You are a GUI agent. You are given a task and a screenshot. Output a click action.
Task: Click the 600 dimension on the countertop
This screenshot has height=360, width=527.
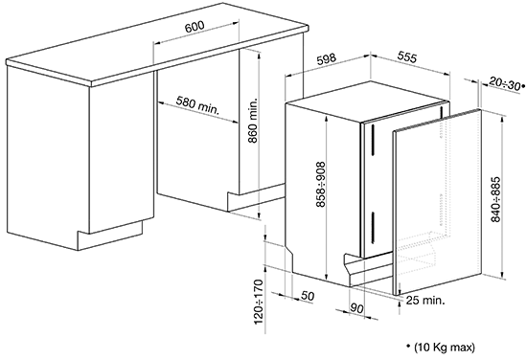pyautogui.click(x=195, y=26)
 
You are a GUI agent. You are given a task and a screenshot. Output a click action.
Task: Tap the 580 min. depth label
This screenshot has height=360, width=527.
pyautogui.click(x=197, y=105)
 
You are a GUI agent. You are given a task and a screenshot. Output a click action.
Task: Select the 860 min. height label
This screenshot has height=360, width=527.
pyautogui.click(x=253, y=121)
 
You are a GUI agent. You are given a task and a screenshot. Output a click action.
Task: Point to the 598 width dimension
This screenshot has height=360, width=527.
pyautogui.click(x=327, y=58)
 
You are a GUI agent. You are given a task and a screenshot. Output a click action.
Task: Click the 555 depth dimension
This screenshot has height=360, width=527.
pyautogui.click(x=407, y=56)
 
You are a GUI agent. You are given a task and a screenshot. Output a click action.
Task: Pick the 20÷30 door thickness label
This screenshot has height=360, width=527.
pyautogui.click(x=504, y=83)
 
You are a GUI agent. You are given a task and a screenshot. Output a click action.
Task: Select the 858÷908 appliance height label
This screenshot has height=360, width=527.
pyautogui.click(x=321, y=185)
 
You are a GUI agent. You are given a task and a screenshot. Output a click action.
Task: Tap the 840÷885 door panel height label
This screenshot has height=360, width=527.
pyautogui.click(x=495, y=199)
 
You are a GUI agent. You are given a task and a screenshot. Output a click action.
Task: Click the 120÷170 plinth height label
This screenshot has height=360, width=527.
pyautogui.click(x=260, y=302)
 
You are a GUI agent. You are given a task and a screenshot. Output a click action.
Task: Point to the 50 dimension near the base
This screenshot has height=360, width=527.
pyautogui.click(x=308, y=296)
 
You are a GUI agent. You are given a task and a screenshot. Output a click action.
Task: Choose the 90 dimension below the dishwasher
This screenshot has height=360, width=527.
pyautogui.click(x=357, y=308)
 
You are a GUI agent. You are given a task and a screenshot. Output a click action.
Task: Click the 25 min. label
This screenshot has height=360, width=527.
pyautogui.click(x=425, y=301)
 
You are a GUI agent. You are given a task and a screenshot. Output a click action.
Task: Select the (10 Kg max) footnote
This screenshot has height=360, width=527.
pyautogui.click(x=445, y=348)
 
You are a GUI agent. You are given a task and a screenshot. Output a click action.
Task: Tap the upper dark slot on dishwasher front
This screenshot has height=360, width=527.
pyautogui.click(x=373, y=140)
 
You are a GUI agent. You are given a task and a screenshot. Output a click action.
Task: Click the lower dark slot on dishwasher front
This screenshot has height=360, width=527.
pyautogui.click(x=373, y=227)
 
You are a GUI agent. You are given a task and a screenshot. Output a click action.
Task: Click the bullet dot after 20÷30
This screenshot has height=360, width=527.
pyautogui.click(x=522, y=86)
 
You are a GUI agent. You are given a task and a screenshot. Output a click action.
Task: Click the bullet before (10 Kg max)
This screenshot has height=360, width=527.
pyautogui.click(x=408, y=346)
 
